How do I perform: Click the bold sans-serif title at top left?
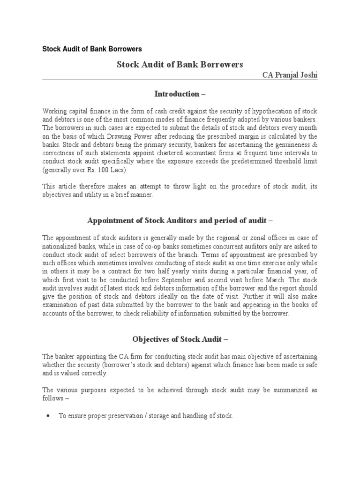pyautogui.click(x=92, y=49)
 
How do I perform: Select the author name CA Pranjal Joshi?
pyautogui.click(x=289, y=75)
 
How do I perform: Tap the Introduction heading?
pyautogui.click(x=180, y=94)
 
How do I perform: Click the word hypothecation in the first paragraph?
pyautogui.click(x=275, y=111)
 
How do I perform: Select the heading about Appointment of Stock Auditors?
pyautogui.click(x=180, y=220)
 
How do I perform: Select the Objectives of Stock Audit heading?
pyautogui.click(x=180, y=339)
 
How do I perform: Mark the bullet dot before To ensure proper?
pyautogui.click(x=48, y=416)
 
